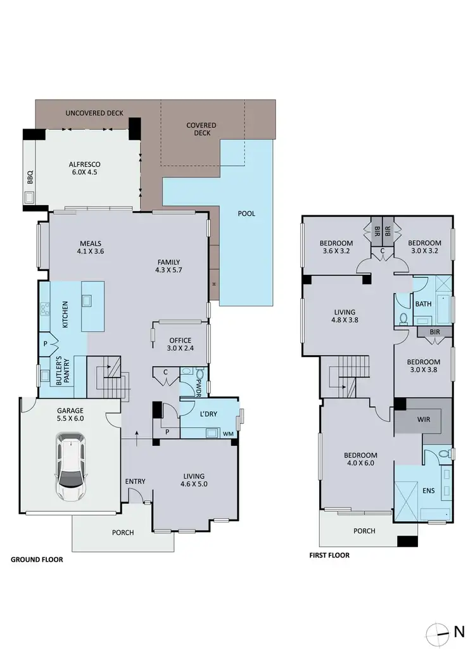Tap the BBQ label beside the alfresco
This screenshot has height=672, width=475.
pos(30,179)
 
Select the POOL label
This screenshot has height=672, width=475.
pos(246,213)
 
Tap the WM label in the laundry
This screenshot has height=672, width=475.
pos(227,434)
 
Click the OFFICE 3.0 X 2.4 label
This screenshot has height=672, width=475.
pos(179,345)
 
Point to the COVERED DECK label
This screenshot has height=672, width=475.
pos(201,129)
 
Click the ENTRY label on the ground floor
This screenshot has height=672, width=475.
pos(135,481)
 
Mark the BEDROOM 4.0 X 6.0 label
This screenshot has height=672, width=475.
pos(360,460)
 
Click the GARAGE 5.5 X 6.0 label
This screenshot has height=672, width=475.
pos(70,414)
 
